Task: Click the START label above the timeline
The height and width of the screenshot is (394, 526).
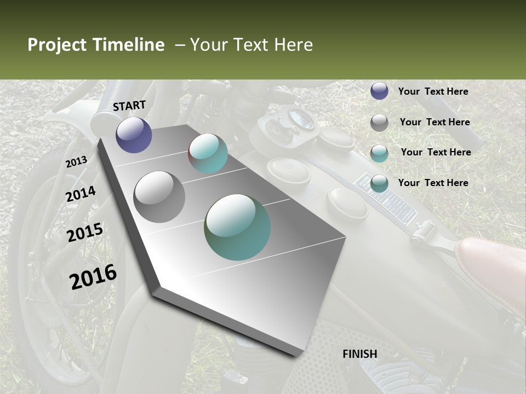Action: [129, 106]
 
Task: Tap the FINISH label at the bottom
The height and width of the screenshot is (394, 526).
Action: [359, 354]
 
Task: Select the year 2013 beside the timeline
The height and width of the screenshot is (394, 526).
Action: [76, 162]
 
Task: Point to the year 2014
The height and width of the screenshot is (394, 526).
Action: [81, 194]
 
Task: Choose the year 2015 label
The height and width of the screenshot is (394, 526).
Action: [85, 233]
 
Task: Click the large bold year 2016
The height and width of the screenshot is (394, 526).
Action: [93, 277]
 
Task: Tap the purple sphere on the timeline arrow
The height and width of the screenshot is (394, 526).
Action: [134, 135]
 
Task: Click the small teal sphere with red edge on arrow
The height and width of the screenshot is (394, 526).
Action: [208, 153]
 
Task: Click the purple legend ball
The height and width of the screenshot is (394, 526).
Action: [379, 91]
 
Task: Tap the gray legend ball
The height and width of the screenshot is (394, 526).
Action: [379, 123]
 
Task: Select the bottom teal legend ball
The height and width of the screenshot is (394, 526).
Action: [379, 183]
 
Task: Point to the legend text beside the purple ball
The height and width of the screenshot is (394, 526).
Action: [433, 91]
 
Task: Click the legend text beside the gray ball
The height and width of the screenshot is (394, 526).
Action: [434, 122]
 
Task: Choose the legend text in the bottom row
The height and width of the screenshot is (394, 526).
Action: [433, 183]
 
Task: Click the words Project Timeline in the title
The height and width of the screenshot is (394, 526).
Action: [96, 45]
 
